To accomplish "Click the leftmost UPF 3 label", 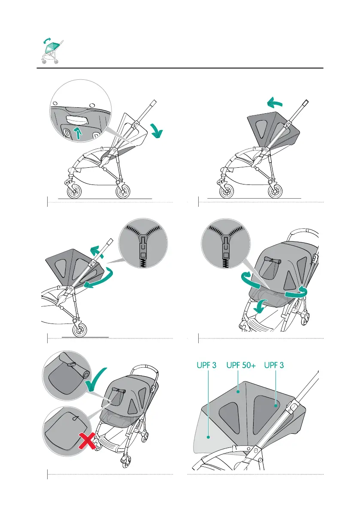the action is [x=203, y=366].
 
